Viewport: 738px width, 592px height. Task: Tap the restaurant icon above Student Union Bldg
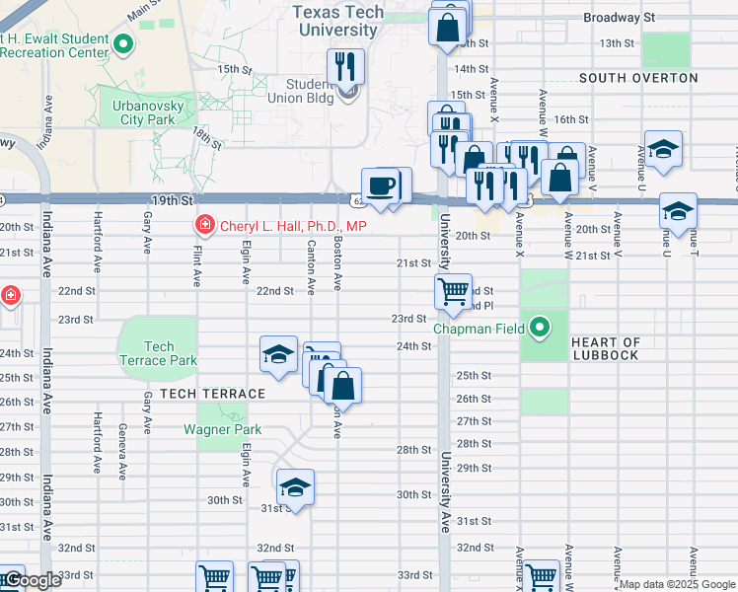point(345,67)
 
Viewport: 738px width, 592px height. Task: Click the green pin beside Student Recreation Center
point(123,43)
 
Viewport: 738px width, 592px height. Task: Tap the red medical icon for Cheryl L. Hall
point(205,227)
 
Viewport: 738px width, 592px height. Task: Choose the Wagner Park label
point(222,429)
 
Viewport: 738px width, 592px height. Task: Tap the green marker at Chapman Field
point(540,327)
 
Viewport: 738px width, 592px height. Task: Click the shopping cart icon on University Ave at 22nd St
point(453,291)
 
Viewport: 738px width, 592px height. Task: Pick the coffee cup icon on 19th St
point(380,185)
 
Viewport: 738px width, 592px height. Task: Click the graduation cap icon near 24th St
point(279,354)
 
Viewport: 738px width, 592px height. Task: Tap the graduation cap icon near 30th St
point(295,486)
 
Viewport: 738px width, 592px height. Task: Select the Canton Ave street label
point(311,267)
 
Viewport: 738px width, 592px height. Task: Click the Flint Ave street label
point(196,267)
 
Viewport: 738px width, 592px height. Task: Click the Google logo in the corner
point(32,580)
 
